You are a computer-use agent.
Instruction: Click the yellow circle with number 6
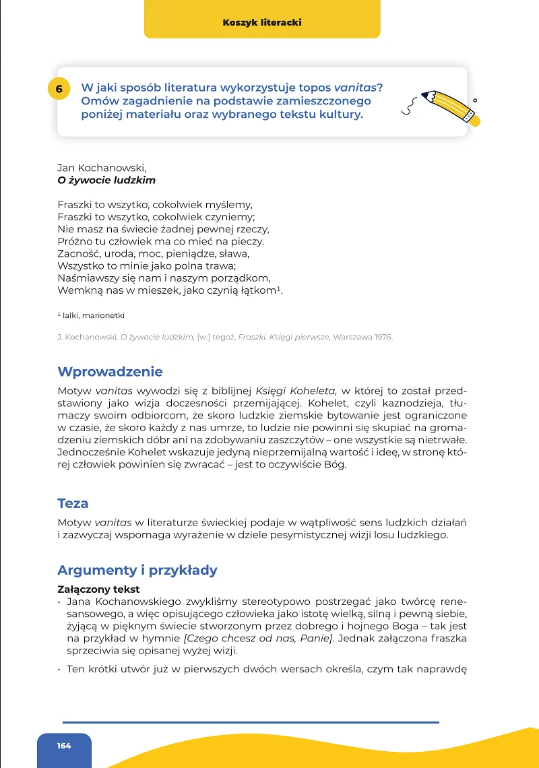point(59,89)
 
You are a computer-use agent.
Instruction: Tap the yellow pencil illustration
point(451,107)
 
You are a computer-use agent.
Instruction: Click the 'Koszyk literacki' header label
point(262,22)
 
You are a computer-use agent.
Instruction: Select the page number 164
point(64,746)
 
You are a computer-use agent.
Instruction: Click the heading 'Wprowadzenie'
point(110,372)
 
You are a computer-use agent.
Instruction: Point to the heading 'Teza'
point(73,503)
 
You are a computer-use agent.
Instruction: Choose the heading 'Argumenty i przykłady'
point(137,570)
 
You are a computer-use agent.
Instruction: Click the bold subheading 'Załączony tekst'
point(98,589)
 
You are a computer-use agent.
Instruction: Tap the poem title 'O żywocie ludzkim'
point(106,181)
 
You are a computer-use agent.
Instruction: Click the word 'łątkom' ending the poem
point(258,290)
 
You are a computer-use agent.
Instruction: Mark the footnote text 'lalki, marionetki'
point(94,315)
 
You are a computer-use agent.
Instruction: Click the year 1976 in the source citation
point(381,337)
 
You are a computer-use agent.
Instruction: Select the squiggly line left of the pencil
point(408,102)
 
